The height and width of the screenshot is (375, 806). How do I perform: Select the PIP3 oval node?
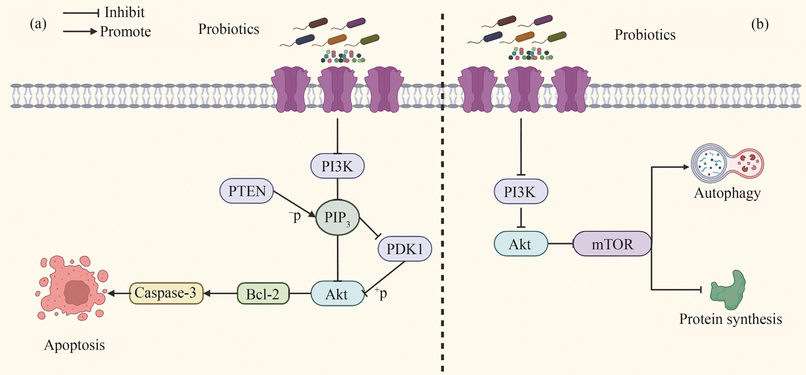[x=337, y=217]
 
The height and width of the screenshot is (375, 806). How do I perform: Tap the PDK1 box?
[x=405, y=249]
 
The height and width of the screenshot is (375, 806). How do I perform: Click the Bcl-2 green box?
[x=263, y=294]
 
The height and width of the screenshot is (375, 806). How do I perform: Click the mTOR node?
[x=612, y=244]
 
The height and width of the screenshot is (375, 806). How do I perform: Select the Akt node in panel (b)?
[x=520, y=244]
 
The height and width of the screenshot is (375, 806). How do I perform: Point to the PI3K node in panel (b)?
[x=520, y=191]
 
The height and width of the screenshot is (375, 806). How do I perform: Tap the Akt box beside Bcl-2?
[x=337, y=294]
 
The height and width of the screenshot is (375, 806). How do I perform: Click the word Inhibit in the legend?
[x=125, y=12]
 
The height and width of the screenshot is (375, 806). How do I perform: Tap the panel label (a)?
[x=38, y=24]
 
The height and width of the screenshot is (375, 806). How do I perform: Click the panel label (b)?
[x=760, y=24]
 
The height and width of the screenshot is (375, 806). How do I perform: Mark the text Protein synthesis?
[x=730, y=319]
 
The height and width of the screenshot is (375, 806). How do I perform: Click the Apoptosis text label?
[x=74, y=345]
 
